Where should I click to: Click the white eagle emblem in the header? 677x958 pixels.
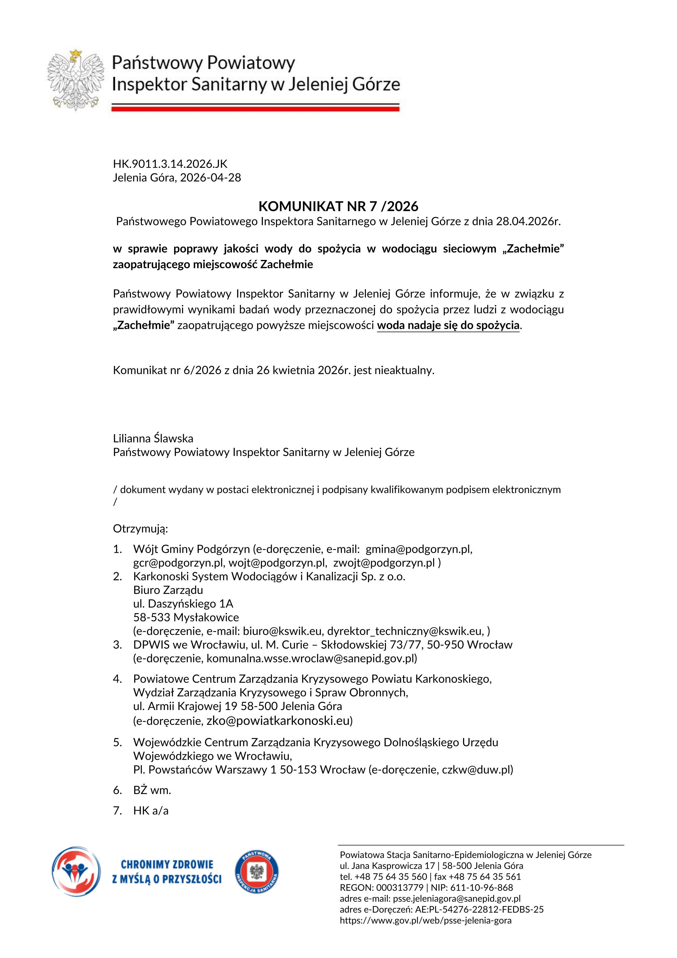tap(76, 80)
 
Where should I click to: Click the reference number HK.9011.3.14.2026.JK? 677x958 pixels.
tap(170, 164)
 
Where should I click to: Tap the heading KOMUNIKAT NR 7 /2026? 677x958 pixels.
tap(338, 206)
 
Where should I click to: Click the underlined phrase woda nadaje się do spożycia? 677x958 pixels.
tap(448, 325)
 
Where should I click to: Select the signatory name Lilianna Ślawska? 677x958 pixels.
tap(153, 439)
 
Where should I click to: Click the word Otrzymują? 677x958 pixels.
tap(140, 529)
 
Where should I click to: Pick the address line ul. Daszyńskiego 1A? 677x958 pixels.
tap(183, 604)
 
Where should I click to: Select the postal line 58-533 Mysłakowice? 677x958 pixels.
tap(186, 617)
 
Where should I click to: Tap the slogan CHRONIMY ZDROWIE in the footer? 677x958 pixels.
tap(167, 865)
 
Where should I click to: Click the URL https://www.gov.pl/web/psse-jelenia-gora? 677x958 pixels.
tap(425, 920)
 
